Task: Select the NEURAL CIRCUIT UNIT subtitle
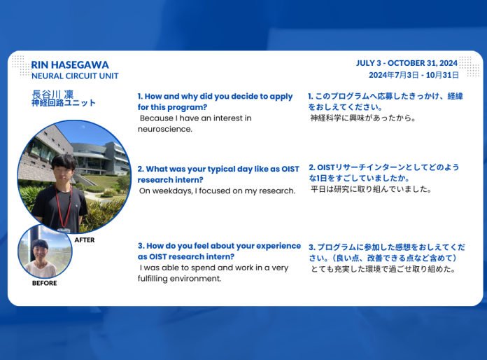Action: [x=75, y=76]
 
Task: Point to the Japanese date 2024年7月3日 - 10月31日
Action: [x=414, y=74]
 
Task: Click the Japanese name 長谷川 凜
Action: [x=52, y=94]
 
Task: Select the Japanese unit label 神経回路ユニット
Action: [x=64, y=103]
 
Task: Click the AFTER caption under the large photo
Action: [x=85, y=240]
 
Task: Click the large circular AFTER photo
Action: [x=73, y=176]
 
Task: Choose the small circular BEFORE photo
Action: [x=45, y=251]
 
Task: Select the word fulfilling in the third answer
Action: [x=160, y=278]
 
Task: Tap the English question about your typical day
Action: [x=218, y=174]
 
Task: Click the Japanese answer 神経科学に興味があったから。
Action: [x=362, y=118]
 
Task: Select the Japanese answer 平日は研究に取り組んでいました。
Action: [x=371, y=189]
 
